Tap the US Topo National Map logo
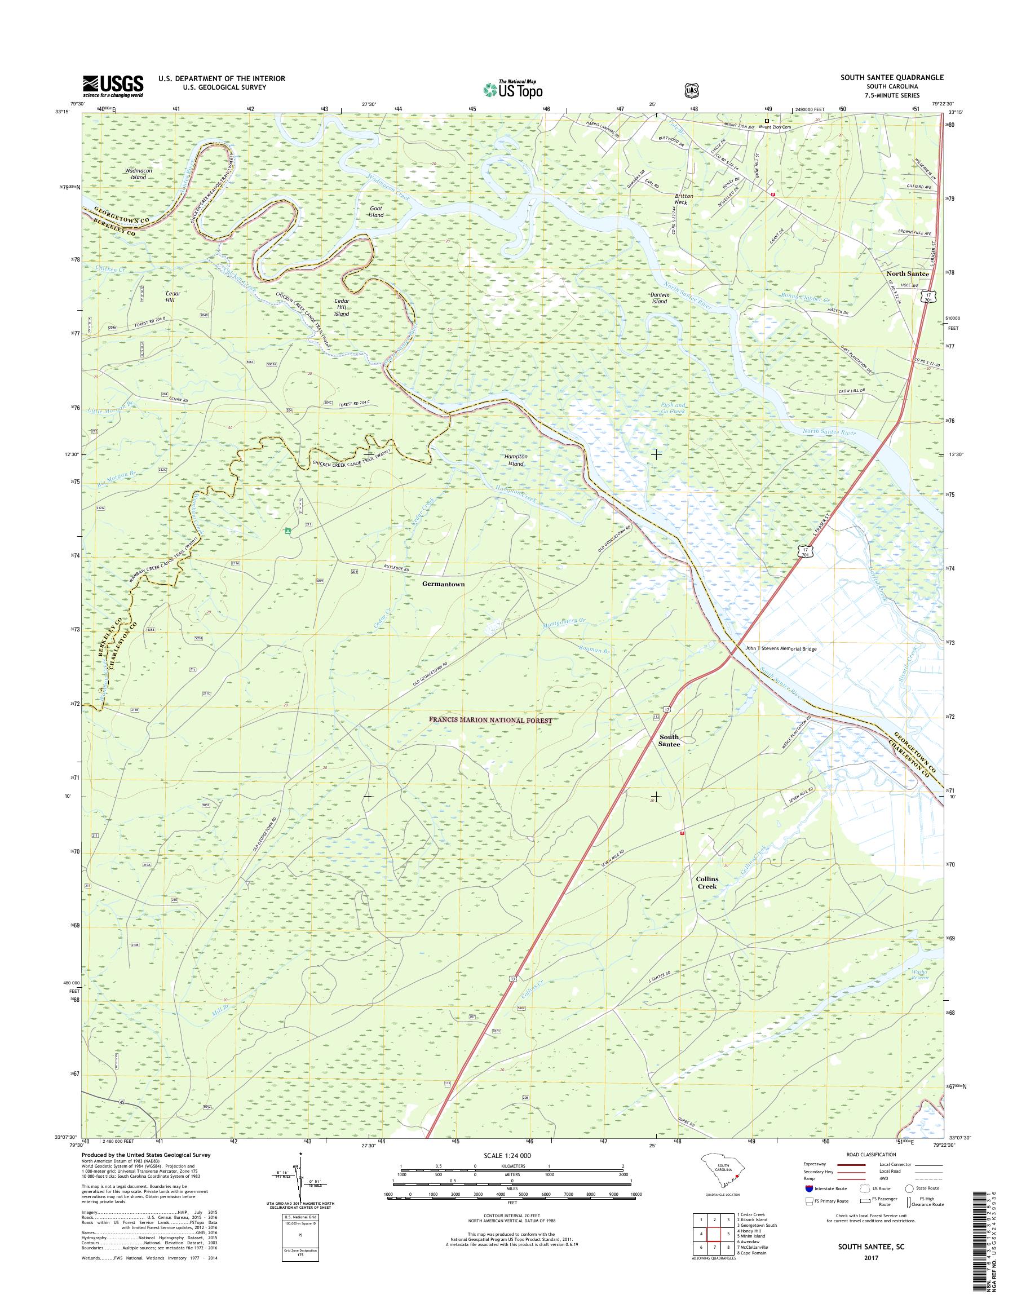512,89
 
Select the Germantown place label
443,584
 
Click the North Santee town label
907,273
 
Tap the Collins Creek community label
706,882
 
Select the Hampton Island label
515,459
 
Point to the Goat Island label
376,211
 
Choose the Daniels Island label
659,298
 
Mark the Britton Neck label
684,199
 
